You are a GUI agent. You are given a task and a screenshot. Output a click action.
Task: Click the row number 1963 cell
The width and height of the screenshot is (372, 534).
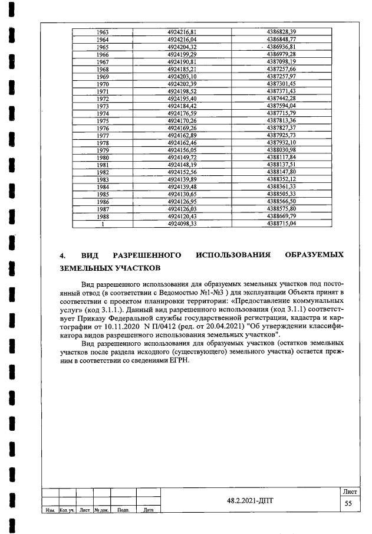103,31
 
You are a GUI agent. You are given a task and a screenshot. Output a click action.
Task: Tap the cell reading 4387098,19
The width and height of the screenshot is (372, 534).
281,61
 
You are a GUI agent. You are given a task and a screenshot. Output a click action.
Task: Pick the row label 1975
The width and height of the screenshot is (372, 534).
103,120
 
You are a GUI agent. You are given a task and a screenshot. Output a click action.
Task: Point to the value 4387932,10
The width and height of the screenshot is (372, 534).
281,142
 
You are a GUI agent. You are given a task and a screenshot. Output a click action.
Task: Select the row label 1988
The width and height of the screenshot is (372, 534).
103,217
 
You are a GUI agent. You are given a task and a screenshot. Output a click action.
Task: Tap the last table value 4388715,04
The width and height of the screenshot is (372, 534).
281,224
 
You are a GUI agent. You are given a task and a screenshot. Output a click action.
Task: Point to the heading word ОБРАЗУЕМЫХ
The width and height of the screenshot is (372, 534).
314,255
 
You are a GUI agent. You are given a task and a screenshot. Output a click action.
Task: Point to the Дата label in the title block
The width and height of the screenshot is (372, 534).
149,510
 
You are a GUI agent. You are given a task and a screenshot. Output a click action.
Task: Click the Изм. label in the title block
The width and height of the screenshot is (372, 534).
50,510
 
